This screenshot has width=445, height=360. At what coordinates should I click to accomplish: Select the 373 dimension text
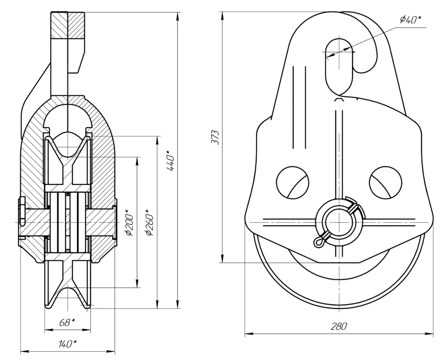tap(216, 137)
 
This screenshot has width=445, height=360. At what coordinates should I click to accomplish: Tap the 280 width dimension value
tap(339, 327)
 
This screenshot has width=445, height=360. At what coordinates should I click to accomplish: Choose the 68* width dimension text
tap(67, 322)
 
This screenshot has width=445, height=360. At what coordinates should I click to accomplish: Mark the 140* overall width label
tap(67, 344)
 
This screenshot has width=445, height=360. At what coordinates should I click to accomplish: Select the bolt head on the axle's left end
tap(21, 219)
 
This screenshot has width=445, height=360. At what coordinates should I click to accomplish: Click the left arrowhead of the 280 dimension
tap(247, 334)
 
